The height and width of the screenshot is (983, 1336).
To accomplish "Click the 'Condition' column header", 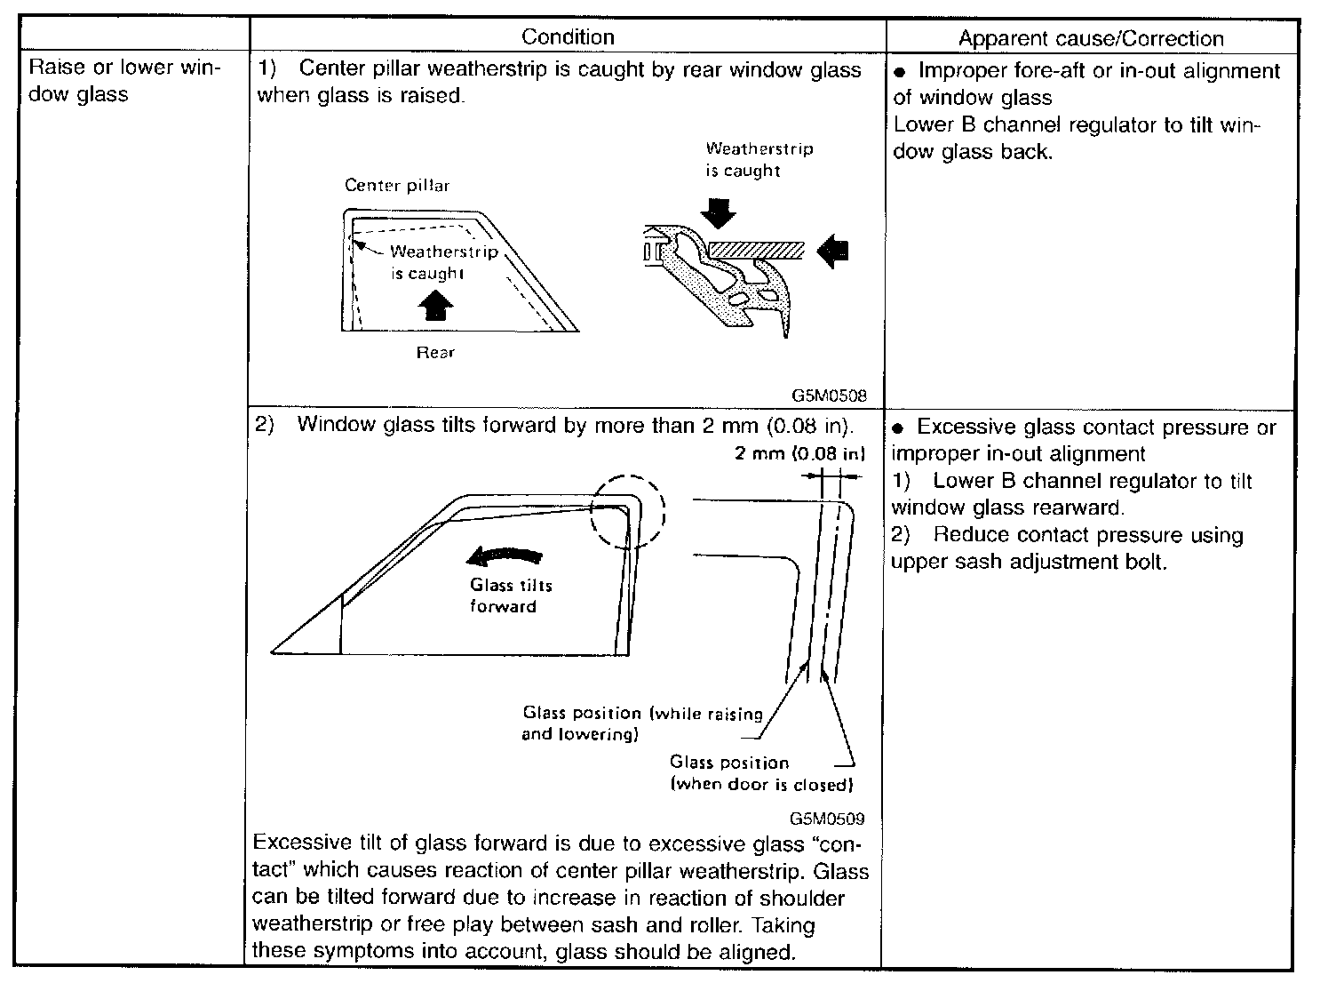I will (568, 36).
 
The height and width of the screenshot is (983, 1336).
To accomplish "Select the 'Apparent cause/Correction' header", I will (1091, 38).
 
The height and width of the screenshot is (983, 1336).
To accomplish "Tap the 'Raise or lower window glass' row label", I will (125, 81).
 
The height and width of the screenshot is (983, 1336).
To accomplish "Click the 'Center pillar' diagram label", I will (397, 186).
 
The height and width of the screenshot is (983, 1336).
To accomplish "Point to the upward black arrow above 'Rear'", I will (435, 308).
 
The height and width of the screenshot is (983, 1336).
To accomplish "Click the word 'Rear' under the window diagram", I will (435, 353).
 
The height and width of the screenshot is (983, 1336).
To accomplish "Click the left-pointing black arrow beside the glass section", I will (833, 252).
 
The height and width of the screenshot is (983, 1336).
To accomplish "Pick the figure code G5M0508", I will (830, 396).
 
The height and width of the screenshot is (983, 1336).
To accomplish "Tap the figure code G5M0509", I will (826, 819).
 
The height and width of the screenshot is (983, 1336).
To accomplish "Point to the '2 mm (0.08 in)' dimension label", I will (799, 454).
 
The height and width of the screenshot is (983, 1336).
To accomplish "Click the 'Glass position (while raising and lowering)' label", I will (641, 723).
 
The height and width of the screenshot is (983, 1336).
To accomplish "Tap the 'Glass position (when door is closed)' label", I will (760, 773).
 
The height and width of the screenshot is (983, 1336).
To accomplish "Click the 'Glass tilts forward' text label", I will (511, 595).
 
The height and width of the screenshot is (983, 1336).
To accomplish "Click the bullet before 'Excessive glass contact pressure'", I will (897, 428).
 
